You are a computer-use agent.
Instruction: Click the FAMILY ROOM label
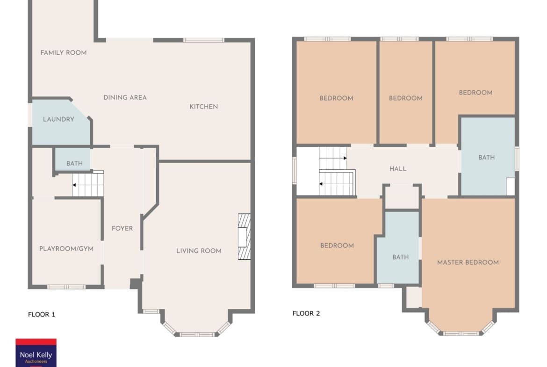[x=64, y=53]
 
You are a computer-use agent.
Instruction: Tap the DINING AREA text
[x=125, y=97]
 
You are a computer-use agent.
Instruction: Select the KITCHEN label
[x=204, y=107]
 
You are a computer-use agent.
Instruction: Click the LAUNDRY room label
[x=58, y=119]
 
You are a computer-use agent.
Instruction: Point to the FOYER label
[x=122, y=229]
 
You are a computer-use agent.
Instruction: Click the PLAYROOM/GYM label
[x=66, y=249]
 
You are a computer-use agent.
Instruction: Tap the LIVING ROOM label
[x=199, y=251]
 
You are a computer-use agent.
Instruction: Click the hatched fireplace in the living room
[x=244, y=237]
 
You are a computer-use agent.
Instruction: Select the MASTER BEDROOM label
[x=468, y=262]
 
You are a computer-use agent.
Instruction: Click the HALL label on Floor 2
[x=398, y=169]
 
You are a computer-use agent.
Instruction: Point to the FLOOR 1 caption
[x=42, y=314]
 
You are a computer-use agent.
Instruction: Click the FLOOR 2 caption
[x=306, y=313]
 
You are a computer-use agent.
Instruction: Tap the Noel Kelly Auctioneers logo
[x=36, y=353]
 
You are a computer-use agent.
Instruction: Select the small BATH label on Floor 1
[x=74, y=163]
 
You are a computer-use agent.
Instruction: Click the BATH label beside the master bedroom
[x=401, y=257]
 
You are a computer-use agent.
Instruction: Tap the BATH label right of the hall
[x=486, y=158]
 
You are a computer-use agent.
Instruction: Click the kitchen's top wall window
[x=204, y=40]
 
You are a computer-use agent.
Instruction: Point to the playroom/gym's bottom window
[x=66, y=287]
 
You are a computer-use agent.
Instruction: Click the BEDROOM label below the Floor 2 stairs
[x=337, y=245]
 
